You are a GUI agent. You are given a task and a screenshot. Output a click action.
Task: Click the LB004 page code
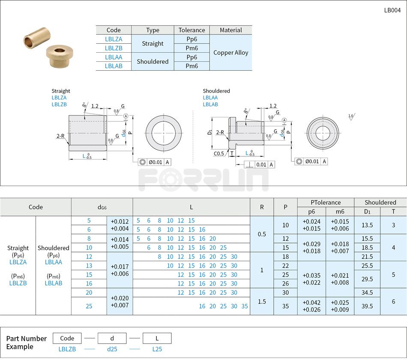coord(392,10)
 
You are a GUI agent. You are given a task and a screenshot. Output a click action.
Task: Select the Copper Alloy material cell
coord(230,53)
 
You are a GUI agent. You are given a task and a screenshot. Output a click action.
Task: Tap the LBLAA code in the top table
coord(114,57)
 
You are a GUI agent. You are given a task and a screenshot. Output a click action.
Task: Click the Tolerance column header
coord(192,30)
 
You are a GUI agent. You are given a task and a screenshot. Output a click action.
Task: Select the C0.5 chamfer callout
coord(219,153)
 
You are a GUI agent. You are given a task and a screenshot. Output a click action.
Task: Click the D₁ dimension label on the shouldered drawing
coord(209,132)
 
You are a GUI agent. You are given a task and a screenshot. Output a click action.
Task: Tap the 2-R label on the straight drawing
coord(60,136)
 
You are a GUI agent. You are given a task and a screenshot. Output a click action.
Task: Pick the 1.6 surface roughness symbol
coord(351,117)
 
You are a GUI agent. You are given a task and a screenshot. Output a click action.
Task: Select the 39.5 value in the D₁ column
coord(367,306)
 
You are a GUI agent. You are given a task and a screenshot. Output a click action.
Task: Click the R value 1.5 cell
coord(262,302)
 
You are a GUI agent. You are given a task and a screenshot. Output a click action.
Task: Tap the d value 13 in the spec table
coord(89,266)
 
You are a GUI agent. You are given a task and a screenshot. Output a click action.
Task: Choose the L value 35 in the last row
coord(245,306)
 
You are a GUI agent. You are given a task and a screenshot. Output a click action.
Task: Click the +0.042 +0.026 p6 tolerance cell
coord(311,306)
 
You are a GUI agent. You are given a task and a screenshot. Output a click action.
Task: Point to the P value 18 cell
coord(285,257)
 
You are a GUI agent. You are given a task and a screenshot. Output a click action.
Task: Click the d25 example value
coord(112,349)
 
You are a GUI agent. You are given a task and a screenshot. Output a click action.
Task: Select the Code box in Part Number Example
coord(67,338)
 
